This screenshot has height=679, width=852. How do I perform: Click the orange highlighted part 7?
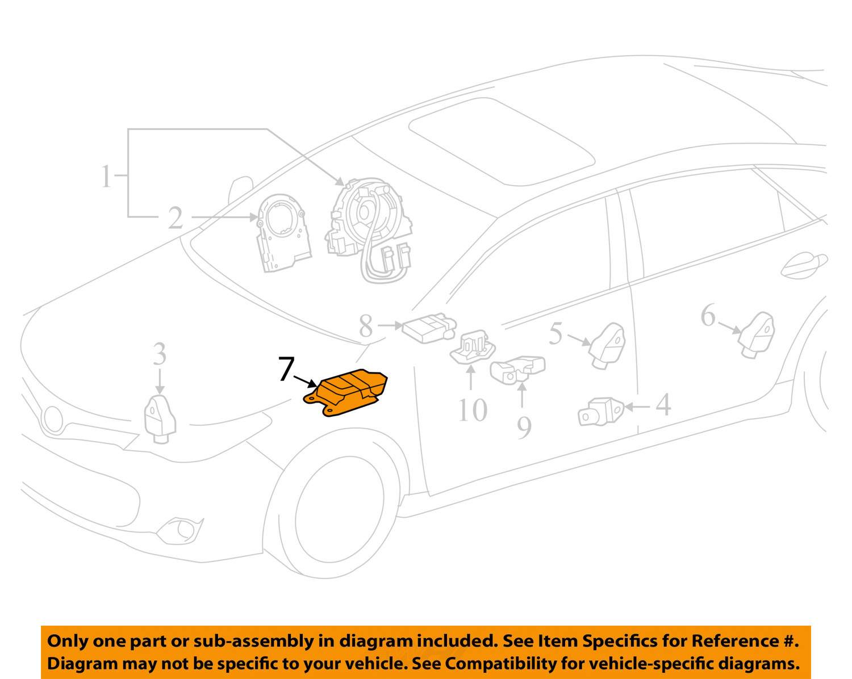346,392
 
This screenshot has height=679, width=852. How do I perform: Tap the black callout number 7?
286,369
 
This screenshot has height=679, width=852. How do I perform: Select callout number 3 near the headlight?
160,354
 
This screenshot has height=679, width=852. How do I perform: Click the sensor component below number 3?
160,418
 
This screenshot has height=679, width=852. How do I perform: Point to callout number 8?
366,326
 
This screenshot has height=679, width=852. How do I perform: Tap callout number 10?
473,410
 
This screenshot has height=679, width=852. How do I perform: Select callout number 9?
524,427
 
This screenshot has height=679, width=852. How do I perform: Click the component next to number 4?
600,412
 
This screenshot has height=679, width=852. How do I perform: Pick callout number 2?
176,218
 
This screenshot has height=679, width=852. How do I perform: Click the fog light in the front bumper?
181,530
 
